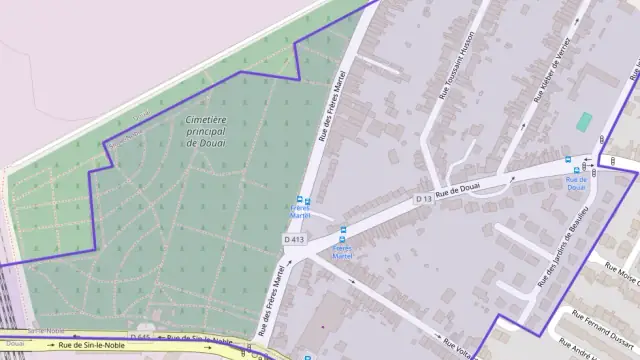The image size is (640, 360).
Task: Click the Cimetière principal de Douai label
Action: (207, 131)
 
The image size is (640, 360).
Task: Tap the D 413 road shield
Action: (293, 239)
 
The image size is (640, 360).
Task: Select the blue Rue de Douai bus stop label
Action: (576, 182)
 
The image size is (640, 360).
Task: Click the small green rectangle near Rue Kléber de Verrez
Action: (583, 121)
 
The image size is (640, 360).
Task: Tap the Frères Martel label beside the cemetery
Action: (300, 211)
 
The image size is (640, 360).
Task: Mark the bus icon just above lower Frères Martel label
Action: (343, 231)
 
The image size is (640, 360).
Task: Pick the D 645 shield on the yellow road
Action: (140, 337)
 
